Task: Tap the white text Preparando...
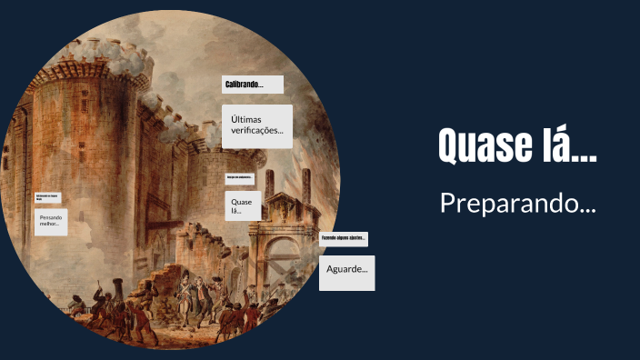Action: [x=517, y=203]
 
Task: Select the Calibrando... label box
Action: [x=252, y=85]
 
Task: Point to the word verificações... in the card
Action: [x=257, y=132]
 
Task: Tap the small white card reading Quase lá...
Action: [x=243, y=205]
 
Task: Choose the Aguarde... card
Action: [x=346, y=271]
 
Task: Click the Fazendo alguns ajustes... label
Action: [x=343, y=238]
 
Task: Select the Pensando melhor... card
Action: [x=52, y=223]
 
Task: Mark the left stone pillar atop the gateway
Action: [x=269, y=183]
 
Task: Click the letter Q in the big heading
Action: [x=451, y=145]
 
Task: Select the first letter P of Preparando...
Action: [x=446, y=202]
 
